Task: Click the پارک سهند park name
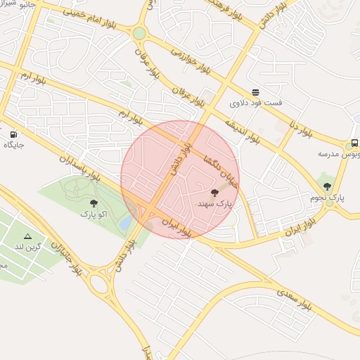[214, 203]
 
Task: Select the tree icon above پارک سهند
[214, 192]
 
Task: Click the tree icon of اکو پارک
[94, 202]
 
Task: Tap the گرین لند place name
[29, 247]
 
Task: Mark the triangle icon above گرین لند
[28, 236]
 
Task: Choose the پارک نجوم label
[328, 198]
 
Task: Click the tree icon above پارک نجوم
[327, 186]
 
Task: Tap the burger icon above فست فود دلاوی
[255, 92]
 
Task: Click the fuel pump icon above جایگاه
[14, 134]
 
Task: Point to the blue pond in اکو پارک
[126, 222]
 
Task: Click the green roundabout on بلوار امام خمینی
[139, 33]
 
